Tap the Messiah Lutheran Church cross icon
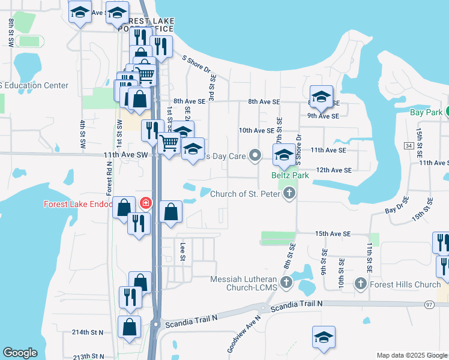[x=286, y=281]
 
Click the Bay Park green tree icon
[x=447, y=112]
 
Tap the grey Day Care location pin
[x=255, y=156]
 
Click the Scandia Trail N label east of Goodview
[x=297, y=305]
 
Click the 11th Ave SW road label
[x=125, y=154]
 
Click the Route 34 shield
[x=409, y=146]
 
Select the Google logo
[x=20, y=353]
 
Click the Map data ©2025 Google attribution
[x=411, y=355]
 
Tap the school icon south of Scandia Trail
[x=324, y=337]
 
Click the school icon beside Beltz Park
[x=284, y=155]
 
